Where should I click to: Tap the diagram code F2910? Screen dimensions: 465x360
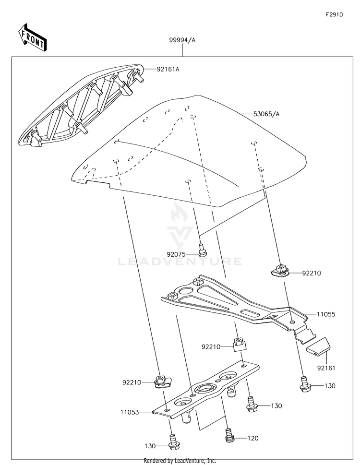335,15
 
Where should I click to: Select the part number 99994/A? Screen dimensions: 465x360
182,41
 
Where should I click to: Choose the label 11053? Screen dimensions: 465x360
130,412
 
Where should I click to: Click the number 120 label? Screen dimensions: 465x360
253,438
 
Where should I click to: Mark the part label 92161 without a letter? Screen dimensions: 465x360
312,368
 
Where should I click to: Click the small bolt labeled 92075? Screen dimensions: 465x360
202,250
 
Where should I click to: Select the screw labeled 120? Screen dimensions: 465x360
229,435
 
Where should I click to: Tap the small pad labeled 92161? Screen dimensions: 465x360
319,346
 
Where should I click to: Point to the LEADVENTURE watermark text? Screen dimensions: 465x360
180,262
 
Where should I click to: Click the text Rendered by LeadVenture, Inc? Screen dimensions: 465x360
180,460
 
